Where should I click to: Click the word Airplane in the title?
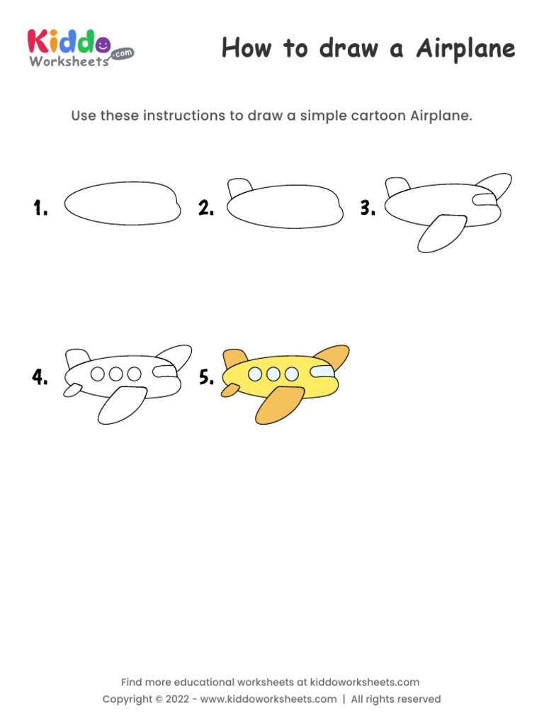[465, 50]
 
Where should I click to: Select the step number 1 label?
[40, 208]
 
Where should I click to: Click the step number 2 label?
[206, 208]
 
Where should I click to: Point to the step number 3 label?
[367, 208]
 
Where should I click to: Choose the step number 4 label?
[40, 377]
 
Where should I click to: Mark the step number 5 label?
[206, 377]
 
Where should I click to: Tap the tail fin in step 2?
[239, 188]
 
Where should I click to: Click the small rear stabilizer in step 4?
[72, 389]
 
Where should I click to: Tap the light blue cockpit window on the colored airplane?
[322, 372]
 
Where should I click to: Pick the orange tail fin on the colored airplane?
[234, 358]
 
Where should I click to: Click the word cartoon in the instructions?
[379, 116]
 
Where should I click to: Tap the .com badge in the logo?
[122, 53]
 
